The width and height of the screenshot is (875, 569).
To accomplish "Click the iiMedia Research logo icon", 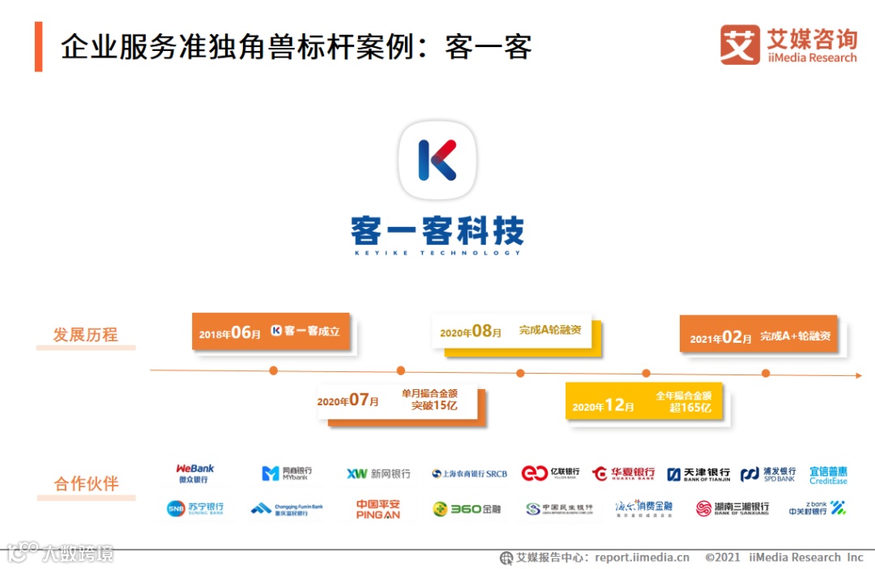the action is [740, 45].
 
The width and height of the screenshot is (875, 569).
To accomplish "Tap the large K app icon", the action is [437, 160].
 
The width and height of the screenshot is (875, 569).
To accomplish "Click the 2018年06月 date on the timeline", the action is [230, 332].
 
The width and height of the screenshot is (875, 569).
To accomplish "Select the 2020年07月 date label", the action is [348, 400].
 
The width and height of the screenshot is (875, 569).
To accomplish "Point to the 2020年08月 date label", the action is [471, 332].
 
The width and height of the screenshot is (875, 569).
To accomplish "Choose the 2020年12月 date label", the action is [603, 406].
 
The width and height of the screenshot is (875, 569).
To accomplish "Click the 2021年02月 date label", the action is [721, 338].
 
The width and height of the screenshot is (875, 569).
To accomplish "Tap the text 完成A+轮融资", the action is [795, 336].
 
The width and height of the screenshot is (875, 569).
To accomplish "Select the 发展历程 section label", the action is [86, 335].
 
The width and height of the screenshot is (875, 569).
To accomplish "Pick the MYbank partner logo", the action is [287, 473].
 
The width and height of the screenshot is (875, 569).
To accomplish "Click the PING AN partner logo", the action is [378, 509].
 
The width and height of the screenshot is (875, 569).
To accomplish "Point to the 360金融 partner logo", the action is [467, 509].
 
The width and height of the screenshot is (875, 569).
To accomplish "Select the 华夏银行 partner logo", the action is [624, 473].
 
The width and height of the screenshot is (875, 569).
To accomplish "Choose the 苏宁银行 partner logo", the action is [195, 509].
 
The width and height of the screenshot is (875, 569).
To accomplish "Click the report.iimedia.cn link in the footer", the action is [642, 558].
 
